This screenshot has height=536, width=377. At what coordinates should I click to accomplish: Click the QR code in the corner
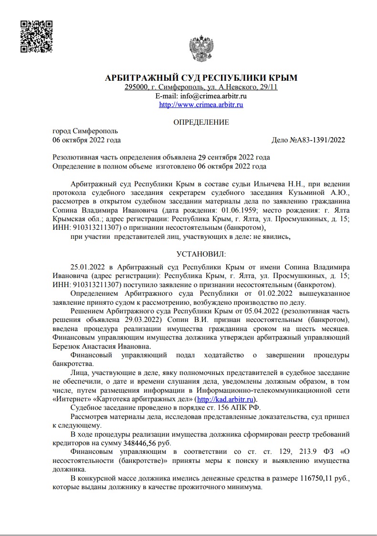pyautogui.click(x=36, y=36)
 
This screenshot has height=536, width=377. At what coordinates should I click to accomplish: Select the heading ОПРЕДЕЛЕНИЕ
pyautogui.click(x=201, y=122)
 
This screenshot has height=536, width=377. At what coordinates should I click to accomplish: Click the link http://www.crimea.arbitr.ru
pyautogui.click(x=201, y=105)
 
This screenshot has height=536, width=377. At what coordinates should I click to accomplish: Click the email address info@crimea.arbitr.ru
pyautogui.click(x=213, y=96)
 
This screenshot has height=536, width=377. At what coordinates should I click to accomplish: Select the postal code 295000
pyautogui.click(x=136, y=87)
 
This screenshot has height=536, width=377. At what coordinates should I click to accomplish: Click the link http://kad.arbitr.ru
pyautogui.click(x=226, y=399)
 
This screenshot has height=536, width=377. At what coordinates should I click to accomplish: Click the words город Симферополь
pyautogui.click(x=85, y=131)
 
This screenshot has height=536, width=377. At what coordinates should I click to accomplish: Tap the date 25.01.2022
pyautogui.click(x=86, y=267)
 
